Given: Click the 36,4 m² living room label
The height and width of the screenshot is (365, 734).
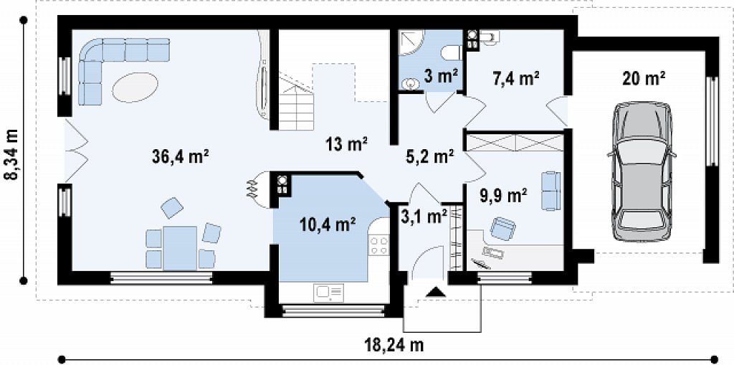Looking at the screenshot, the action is [180, 156].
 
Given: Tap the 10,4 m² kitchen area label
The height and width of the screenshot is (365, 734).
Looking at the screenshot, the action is [328, 225].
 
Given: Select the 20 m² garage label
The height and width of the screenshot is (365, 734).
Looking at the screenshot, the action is [644, 79].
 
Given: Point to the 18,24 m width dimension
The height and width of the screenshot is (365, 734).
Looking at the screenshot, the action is [394, 346].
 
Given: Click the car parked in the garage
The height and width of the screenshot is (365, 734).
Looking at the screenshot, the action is [642, 172].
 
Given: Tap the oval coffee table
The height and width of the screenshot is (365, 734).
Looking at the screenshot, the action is [135, 87].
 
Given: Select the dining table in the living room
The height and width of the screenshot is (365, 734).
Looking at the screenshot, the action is [180, 248].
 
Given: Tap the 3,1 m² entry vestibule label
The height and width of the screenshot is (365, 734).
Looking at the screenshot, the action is [424, 217].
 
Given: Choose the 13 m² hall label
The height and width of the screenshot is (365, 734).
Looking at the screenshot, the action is [347, 143].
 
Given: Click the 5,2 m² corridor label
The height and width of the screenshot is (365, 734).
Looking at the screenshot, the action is [430, 157].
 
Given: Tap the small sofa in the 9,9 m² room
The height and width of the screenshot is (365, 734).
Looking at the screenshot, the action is [551, 191].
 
